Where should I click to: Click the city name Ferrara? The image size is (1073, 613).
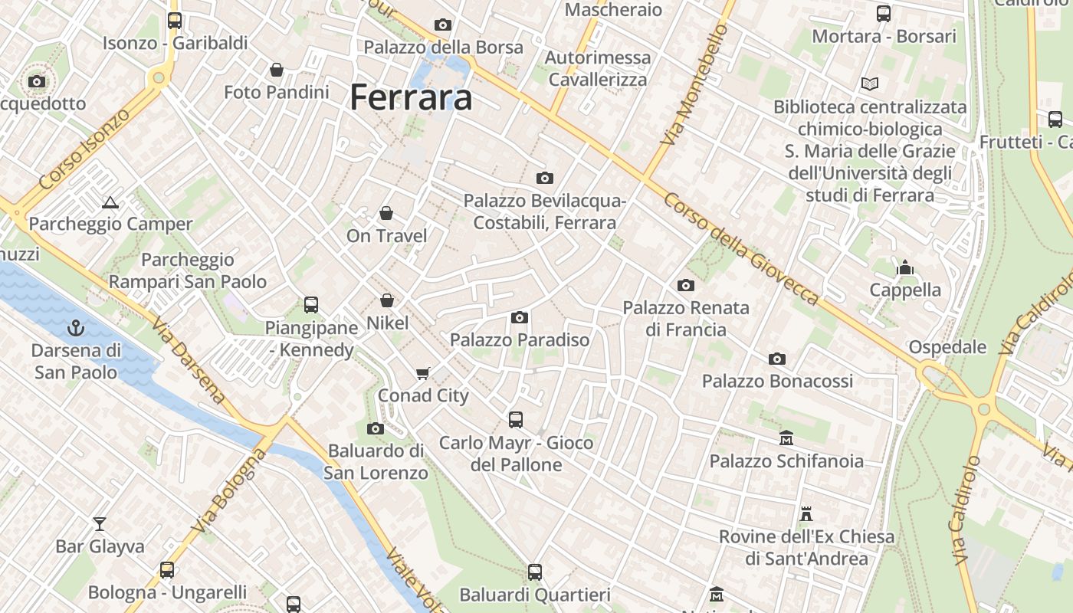point(411,98)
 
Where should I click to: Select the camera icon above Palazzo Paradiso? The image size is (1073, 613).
point(520,317)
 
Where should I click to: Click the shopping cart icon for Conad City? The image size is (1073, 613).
point(422,373)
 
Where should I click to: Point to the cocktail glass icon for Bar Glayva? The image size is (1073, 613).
point(100,524)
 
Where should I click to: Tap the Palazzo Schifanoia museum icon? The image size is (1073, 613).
point(786,438)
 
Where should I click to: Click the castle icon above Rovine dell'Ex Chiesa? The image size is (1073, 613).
point(806,513)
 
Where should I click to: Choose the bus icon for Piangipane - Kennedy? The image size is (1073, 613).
point(311,305)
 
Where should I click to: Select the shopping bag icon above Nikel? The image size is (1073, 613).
point(387,300)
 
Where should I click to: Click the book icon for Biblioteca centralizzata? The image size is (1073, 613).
point(869,84)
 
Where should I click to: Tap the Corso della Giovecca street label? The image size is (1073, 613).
point(740,247)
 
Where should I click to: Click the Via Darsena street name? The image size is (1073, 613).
point(189,361)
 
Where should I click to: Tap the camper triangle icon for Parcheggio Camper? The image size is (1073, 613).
point(110,202)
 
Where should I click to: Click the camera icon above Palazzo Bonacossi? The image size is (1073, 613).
point(777,359)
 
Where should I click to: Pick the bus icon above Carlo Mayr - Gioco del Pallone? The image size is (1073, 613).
point(516,420)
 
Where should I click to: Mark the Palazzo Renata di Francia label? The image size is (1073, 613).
point(686,319)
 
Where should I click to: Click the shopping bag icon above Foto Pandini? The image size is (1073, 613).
point(277,70)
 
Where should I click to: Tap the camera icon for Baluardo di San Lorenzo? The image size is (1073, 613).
point(376,428)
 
